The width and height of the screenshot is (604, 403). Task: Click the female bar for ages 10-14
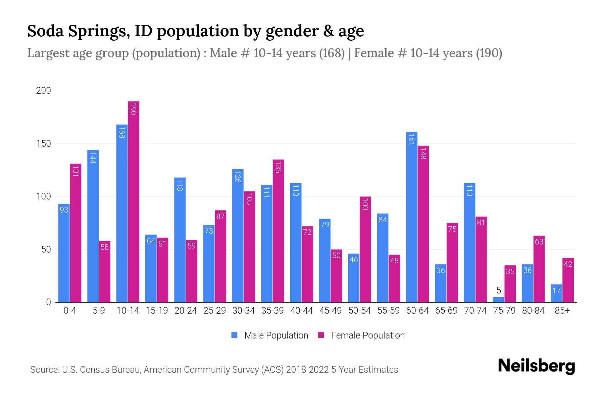coord(134,201)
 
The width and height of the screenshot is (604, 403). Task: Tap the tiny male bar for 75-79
coord(498,300)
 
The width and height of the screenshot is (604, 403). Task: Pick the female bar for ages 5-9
coord(105,272)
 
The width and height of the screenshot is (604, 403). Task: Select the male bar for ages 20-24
coord(180,240)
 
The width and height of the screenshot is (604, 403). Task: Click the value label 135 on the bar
coord(278,167)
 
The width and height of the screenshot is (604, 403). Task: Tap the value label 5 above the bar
coord(498,290)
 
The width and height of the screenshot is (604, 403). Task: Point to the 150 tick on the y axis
coord(44,144)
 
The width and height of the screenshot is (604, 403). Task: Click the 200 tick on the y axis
coord(44,91)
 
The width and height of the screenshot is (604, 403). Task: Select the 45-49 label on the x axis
coord(330,311)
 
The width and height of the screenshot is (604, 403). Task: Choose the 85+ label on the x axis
coord(562,311)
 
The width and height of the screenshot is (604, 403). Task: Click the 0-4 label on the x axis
coord(70,311)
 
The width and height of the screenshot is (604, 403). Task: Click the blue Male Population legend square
coord(234,335)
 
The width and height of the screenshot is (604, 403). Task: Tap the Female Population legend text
coord(368,335)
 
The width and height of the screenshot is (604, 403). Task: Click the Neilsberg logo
coord(536,366)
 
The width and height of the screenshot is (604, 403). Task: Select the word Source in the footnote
coord(44,370)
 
